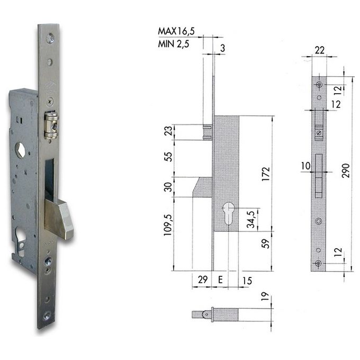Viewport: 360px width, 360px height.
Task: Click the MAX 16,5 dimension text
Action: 176,31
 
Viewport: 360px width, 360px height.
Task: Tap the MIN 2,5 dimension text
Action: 174,43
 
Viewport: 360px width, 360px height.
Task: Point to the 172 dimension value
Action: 266,174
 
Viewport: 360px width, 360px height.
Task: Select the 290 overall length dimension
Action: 346,170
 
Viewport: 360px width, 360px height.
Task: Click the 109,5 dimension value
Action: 168,225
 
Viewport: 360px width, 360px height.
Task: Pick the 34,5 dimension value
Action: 251,219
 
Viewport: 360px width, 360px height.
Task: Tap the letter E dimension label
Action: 220,280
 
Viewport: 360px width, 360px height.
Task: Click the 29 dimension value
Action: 203,280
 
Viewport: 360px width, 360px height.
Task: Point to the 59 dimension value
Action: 266,244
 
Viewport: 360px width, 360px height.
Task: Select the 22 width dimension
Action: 320,50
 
